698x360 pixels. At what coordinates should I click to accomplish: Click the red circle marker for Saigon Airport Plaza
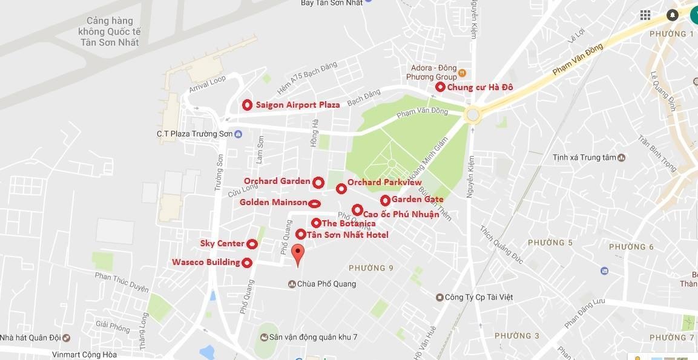point(247,105)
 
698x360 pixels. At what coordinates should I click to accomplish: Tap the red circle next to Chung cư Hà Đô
point(440,87)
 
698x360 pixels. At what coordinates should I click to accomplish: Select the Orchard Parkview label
point(384,182)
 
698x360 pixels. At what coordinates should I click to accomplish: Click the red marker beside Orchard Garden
point(318,182)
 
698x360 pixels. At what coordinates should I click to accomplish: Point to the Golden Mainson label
point(273,202)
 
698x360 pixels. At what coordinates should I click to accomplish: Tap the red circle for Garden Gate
point(385,200)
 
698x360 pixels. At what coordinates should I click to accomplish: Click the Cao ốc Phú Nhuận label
point(401,214)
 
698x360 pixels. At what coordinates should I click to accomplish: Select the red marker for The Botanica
point(316,223)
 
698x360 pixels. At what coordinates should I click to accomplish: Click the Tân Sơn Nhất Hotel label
point(347,235)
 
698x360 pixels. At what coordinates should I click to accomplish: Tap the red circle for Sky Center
point(252,244)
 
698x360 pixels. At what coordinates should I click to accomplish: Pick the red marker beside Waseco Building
point(247,263)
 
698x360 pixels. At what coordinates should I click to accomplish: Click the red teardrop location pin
point(297,255)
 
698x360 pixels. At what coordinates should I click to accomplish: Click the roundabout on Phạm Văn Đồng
point(472,114)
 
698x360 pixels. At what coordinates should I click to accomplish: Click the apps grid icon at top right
point(645,15)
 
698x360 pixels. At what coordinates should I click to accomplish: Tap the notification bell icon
point(673,15)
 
